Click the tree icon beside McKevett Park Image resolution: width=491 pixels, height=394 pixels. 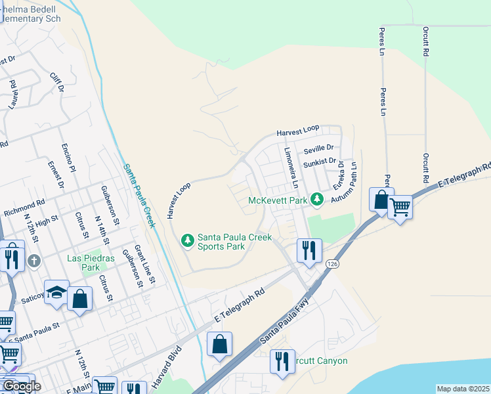(x=318, y=198)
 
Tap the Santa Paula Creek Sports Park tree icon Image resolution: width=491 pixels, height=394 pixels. (x=188, y=240)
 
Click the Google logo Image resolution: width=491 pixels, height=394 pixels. (x=22, y=386)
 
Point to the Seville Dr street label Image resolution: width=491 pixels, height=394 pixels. (x=318, y=148)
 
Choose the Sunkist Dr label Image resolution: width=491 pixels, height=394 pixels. (x=320, y=160)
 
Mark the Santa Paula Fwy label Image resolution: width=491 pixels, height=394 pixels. (x=284, y=322)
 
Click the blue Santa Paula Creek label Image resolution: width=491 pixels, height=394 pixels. (x=139, y=196)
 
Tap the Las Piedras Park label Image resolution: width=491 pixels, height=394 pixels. (x=83, y=263)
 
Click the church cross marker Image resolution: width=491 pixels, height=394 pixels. (x=34, y=261)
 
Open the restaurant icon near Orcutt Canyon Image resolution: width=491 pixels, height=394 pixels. (x=282, y=361)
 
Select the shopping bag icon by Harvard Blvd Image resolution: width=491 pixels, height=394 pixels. (x=219, y=344)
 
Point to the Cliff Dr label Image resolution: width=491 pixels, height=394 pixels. (x=57, y=82)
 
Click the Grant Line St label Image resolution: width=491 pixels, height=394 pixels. (x=144, y=265)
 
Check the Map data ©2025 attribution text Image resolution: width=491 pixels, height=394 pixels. (x=463, y=389)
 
